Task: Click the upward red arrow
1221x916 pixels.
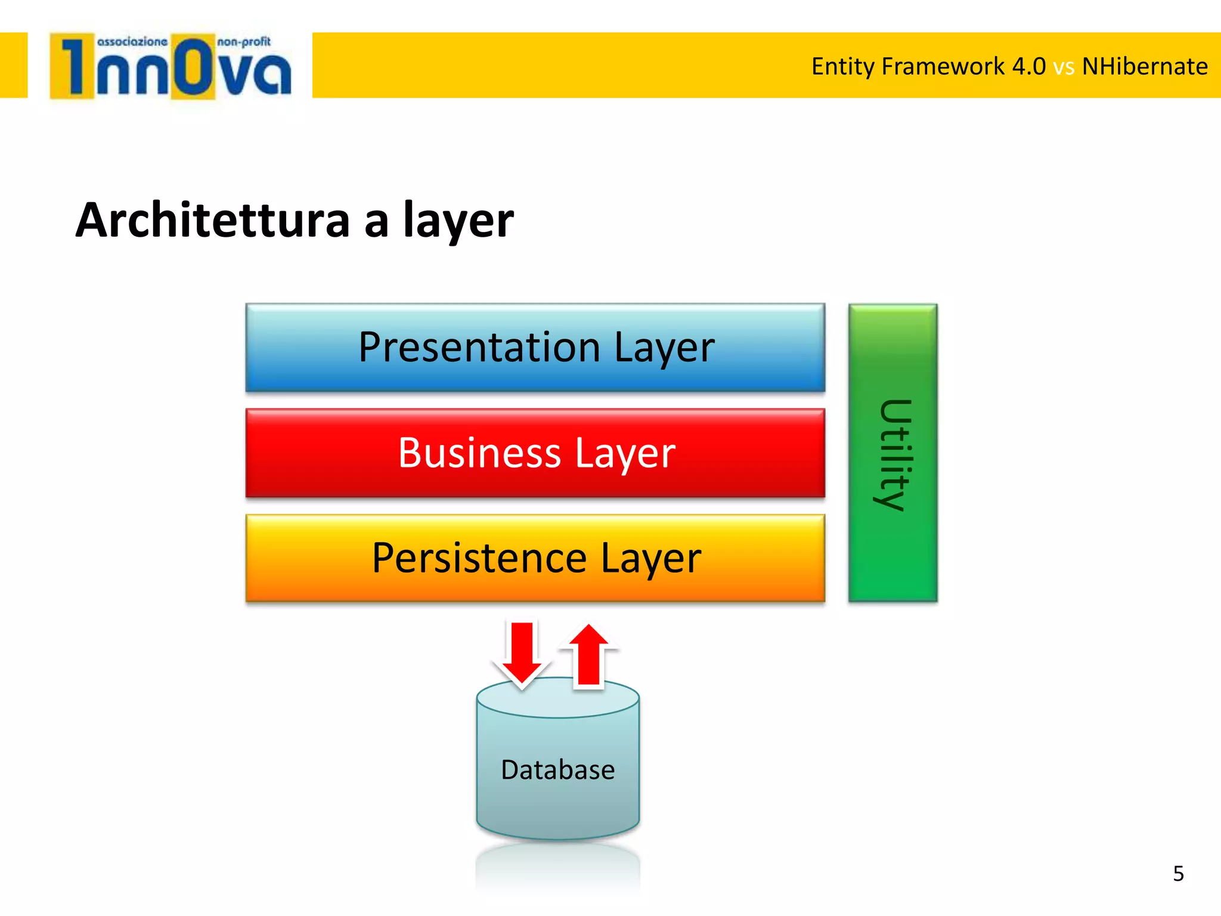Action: [589, 656]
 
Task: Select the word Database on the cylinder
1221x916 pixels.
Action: [557, 769]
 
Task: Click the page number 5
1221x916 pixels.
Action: [1178, 874]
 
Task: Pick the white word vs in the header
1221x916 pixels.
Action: [1064, 67]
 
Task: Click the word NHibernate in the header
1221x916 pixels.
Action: [1145, 66]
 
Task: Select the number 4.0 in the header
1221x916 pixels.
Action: [1028, 66]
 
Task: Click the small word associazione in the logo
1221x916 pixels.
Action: [132, 42]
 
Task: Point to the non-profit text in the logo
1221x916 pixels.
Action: [244, 42]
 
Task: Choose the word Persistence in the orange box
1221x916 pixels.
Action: [479, 558]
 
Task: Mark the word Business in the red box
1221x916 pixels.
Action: [479, 453]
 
